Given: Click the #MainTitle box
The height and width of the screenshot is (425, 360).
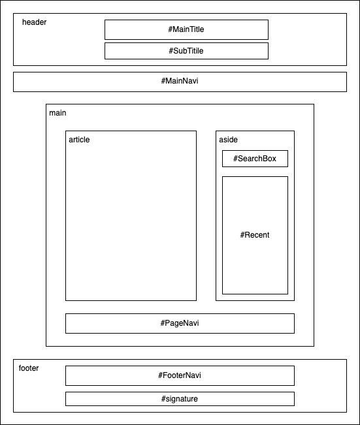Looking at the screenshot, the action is click(x=186, y=29).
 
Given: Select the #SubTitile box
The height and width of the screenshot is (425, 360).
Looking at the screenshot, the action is click(x=186, y=51).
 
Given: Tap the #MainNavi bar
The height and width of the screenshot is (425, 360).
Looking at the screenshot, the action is click(x=180, y=82).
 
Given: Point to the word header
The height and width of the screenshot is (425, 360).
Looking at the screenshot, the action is click(x=34, y=22).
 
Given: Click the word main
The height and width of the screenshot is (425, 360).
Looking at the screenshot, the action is click(x=57, y=113).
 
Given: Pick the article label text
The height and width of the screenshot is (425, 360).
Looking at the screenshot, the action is click(x=79, y=140).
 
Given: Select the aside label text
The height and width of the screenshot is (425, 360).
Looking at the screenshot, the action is click(x=228, y=140).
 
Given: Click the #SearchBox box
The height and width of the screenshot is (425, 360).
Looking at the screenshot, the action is click(x=255, y=159).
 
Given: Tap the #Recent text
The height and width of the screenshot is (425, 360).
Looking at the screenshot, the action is click(x=255, y=235).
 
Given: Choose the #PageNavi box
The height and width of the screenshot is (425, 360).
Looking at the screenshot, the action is click(x=180, y=323).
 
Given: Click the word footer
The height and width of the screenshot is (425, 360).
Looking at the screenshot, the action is click(x=29, y=368).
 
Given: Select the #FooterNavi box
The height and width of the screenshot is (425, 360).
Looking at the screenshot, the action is click(x=180, y=375).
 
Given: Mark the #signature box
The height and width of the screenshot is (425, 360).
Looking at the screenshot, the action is click(x=180, y=399).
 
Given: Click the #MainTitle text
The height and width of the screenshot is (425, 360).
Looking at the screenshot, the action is click(x=186, y=29).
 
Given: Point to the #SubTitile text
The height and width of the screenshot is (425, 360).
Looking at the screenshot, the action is click(x=186, y=51).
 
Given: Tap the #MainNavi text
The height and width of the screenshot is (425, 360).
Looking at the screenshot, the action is click(x=180, y=81).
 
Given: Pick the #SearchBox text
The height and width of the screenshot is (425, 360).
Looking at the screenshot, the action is click(x=255, y=159).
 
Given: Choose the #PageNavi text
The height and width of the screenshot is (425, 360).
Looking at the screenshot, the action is click(x=180, y=323).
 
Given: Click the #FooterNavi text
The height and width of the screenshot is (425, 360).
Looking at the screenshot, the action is click(x=180, y=375).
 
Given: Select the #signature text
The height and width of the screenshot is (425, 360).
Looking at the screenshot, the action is click(x=180, y=399).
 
